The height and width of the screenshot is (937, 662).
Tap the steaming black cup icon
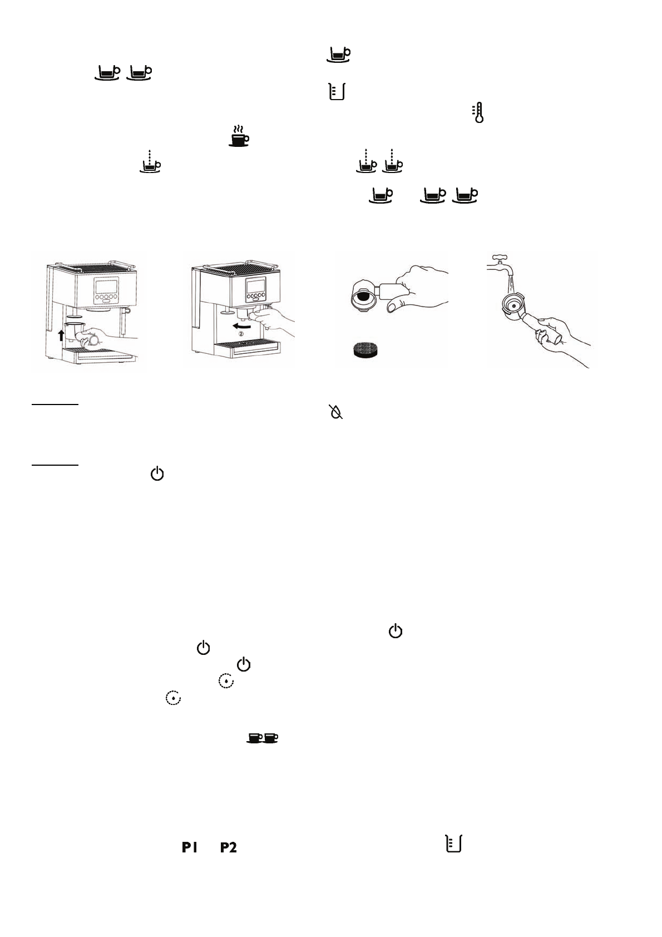pyautogui.click(x=239, y=136)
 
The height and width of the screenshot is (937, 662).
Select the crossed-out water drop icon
pyautogui.click(x=336, y=412)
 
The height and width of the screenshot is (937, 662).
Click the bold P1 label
pyautogui.click(x=189, y=847)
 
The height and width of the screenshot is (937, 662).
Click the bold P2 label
pyautogui.click(x=229, y=847)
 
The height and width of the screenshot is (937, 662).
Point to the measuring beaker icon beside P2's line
pyautogui.click(x=453, y=844)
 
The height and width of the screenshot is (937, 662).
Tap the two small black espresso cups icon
pyautogui.click(x=263, y=738)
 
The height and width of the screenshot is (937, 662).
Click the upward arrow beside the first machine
pyautogui.click(x=62, y=335)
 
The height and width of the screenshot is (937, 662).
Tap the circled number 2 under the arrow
pyautogui.click(x=241, y=334)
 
